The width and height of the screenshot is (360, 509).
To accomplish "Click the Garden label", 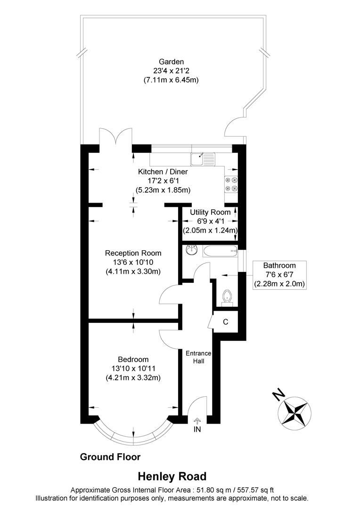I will tap(171, 62).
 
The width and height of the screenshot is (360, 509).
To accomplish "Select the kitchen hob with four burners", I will tap(231, 184).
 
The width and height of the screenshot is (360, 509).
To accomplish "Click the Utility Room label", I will tap(210, 212).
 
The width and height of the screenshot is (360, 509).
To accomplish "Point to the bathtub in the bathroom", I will tap(220, 251).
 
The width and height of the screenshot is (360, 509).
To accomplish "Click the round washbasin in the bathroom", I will tap(191, 250).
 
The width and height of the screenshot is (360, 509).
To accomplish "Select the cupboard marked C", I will tap(225, 322).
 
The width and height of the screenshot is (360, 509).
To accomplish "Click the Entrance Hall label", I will tap(198, 357).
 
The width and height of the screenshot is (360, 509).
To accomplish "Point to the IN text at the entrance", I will tap(197, 429).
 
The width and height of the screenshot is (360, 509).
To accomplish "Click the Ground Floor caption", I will tap(110, 457).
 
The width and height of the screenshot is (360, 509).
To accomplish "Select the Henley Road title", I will tap(172, 476).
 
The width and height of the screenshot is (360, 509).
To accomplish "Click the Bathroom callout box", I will tap(279, 274).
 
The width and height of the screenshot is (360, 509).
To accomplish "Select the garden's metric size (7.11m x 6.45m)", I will tap(171, 80).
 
